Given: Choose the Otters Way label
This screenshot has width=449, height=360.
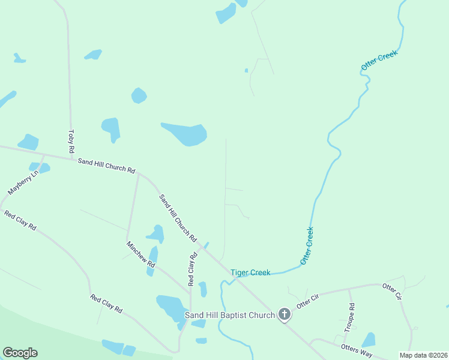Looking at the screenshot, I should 356,350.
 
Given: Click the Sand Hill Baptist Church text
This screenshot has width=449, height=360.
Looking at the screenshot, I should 229,314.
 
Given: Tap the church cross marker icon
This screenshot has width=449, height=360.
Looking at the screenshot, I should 285,314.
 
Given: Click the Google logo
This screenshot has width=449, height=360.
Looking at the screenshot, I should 20,353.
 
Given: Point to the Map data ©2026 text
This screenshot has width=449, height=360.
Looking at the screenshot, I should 423,355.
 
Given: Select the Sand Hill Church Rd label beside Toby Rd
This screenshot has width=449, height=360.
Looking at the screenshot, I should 106,165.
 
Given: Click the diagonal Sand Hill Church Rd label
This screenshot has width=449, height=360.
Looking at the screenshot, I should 178,218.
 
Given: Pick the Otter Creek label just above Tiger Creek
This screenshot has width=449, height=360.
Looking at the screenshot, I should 307,245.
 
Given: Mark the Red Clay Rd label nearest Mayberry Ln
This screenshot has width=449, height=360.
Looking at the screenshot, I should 20,220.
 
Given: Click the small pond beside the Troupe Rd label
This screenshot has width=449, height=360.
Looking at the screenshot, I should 369,340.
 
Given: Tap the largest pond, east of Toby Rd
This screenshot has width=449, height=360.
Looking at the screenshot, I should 185,134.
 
